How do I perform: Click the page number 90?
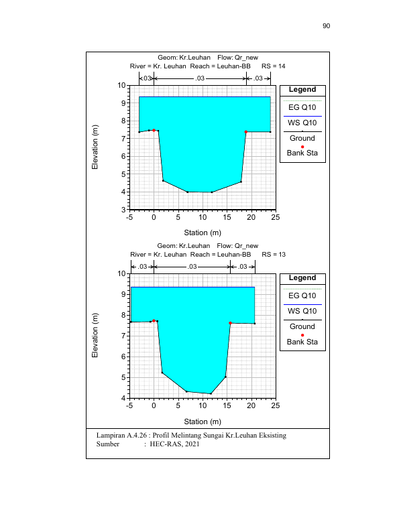327,26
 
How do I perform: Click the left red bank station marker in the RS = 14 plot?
154,130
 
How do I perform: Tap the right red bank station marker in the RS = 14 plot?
246,132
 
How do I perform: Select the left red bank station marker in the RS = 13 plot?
154,320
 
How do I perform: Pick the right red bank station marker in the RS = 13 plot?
230,323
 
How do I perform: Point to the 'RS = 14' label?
273,66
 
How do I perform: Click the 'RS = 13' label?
274,255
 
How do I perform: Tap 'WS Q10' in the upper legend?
302,123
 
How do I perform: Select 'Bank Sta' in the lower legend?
302,342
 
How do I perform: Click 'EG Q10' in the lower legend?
302,296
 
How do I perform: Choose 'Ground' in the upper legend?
302,138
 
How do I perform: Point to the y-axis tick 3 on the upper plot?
123,210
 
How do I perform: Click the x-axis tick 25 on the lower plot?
276,405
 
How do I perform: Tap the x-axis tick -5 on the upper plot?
129,217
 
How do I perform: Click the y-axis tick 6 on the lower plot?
123,357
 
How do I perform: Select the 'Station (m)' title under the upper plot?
203,233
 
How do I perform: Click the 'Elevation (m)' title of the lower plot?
95,335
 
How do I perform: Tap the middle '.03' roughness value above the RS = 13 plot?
192,266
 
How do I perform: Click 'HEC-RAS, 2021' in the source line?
174,444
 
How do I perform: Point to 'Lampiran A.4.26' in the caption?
121,436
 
